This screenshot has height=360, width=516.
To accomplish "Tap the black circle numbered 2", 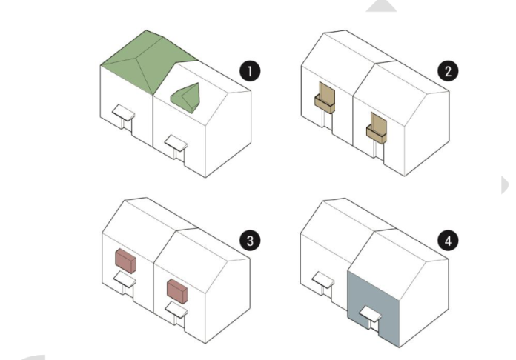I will click(x=447, y=71).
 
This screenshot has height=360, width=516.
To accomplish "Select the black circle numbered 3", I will click(x=252, y=239).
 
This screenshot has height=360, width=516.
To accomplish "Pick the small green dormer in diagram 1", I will click(x=188, y=96).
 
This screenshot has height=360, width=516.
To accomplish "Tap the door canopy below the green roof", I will click(x=122, y=113).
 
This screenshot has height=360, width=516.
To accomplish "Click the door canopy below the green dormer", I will click(x=176, y=141).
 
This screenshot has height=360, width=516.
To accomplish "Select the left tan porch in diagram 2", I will click(x=325, y=99).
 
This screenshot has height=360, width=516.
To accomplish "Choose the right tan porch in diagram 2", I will click(x=378, y=127).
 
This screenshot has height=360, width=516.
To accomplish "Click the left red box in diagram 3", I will click(x=125, y=261).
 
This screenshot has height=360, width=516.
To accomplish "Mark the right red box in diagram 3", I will click(x=177, y=290).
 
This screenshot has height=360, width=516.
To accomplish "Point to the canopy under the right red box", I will click(x=176, y=309).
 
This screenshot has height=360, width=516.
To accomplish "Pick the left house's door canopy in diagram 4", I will click(x=322, y=281).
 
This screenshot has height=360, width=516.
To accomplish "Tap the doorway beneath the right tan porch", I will click(x=380, y=151).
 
